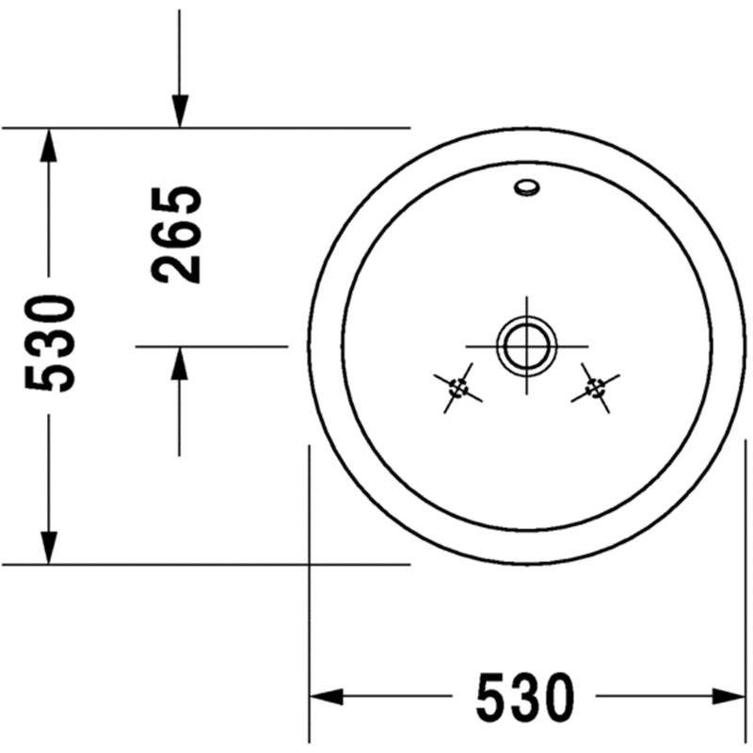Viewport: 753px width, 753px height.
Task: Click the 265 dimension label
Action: (x=176, y=234)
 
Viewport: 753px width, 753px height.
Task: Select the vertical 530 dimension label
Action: (x=50, y=344)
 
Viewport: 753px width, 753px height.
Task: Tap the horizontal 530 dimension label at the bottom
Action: (x=525, y=697)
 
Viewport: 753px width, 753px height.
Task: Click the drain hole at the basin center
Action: (x=527, y=345)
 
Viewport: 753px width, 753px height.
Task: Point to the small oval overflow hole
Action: (x=527, y=187)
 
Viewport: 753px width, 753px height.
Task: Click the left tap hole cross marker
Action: (x=457, y=388)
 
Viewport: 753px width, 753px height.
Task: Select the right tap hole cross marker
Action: (x=596, y=388)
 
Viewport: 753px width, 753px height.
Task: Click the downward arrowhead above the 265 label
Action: (x=180, y=111)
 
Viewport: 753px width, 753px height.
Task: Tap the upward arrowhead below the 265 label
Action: (x=180, y=363)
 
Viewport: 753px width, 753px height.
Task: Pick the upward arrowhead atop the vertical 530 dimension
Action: (x=49, y=145)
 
